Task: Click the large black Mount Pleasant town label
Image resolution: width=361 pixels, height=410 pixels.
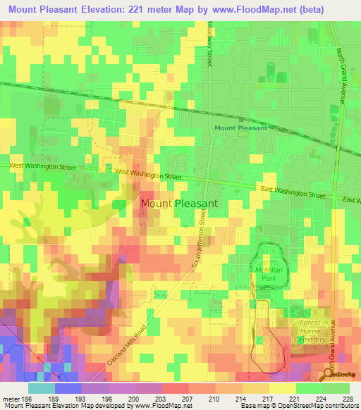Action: tap(179, 203)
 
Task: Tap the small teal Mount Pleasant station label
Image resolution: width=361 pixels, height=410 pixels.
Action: tap(240, 128)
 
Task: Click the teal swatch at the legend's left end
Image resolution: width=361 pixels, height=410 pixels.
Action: tap(41, 388)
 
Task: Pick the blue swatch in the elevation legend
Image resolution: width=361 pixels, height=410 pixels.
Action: tap(68, 388)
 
